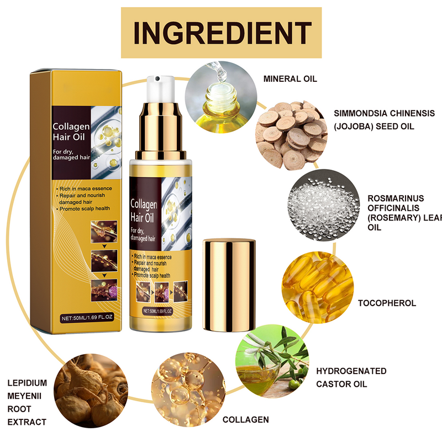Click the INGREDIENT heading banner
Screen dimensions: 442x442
(x=221, y=32)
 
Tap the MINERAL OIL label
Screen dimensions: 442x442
(x=290, y=79)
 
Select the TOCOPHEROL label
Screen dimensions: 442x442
(x=387, y=303)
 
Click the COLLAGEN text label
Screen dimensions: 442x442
(x=245, y=419)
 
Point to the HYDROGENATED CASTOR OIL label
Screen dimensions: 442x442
(x=351, y=377)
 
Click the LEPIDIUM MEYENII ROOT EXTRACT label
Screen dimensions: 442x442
(x=27, y=402)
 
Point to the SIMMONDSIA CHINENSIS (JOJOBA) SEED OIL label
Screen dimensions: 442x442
(x=383, y=120)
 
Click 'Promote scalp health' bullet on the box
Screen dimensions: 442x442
(x=83, y=208)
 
